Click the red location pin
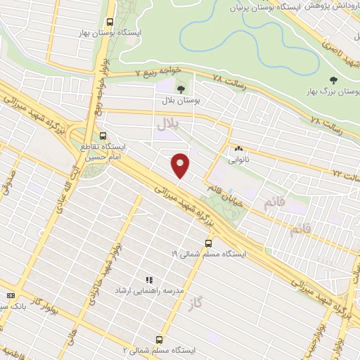pos(181,165)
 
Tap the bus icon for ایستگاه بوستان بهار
pos(108,22)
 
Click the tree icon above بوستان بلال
pos(182,89)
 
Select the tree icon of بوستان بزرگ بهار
pos(333,82)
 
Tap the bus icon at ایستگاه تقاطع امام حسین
pos(103,136)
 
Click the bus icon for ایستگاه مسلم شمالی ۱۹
pos(207,243)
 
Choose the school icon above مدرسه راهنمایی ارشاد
pos(148,280)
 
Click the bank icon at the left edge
pos(10,296)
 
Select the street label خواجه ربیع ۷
pos(163,72)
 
